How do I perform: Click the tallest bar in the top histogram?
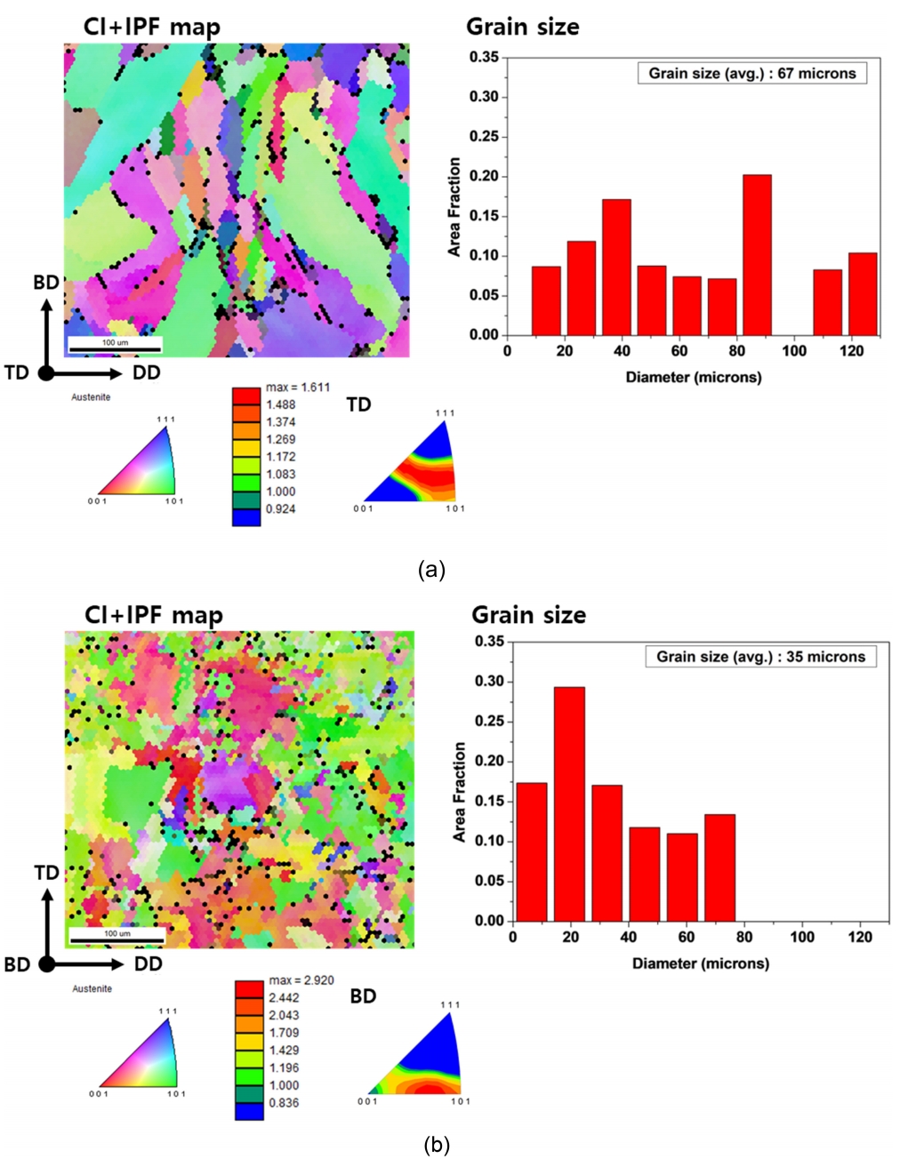(x=757, y=255)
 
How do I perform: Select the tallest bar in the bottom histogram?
(x=569, y=803)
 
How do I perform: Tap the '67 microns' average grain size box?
(x=751, y=74)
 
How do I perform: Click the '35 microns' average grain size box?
(x=760, y=657)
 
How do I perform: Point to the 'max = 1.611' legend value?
(x=297, y=388)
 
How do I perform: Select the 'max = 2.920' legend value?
(x=301, y=980)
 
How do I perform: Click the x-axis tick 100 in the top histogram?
(x=794, y=351)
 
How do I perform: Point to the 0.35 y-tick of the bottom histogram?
(x=489, y=642)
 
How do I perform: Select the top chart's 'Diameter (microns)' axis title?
(x=693, y=378)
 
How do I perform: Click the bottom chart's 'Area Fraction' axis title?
(x=460, y=792)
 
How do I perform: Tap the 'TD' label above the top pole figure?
(x=358, y=405)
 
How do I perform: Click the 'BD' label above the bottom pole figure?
(x=363, y=996)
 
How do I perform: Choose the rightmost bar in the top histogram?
(x=862, y=294)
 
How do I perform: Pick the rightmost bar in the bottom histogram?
(x=719, y=867)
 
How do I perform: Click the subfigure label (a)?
(x=431, y=570)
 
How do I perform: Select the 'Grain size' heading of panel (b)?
(x=528, y=615)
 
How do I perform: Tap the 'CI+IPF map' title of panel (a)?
(x=152, y=28)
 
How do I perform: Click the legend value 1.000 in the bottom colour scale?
(x=284, y=1085)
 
